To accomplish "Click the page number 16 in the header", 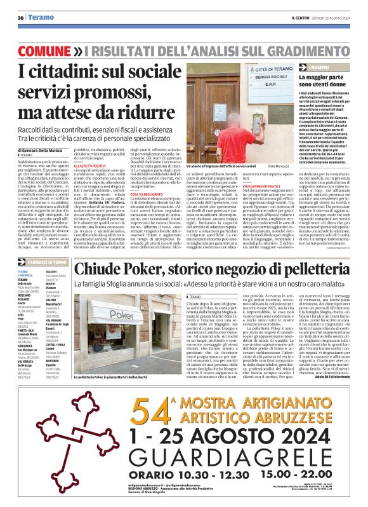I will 20,17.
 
